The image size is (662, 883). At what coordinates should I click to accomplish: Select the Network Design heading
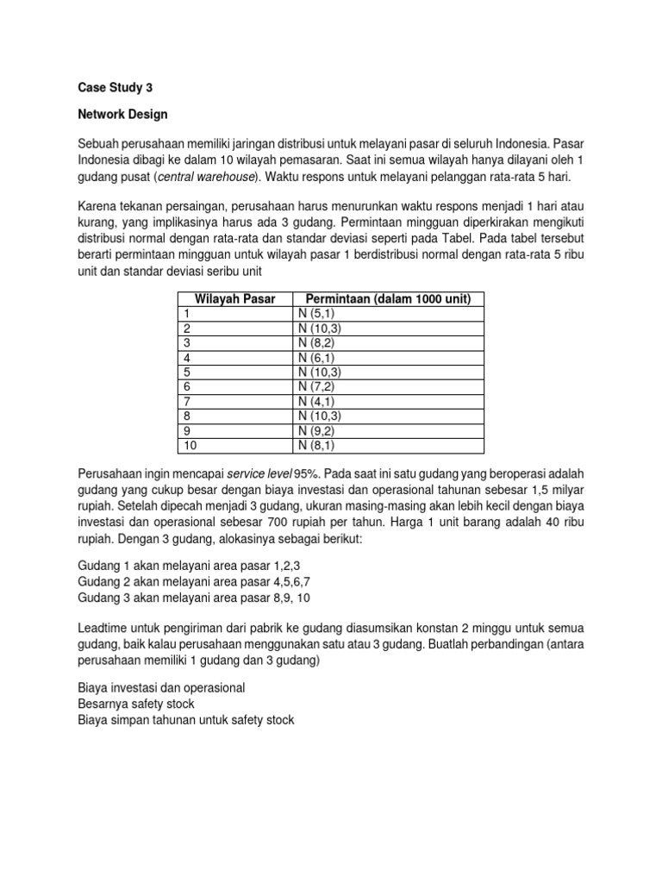point(122,114)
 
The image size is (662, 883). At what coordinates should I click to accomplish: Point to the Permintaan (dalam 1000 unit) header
point(390,298)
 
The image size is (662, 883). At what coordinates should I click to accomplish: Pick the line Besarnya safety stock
point(135,703)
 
